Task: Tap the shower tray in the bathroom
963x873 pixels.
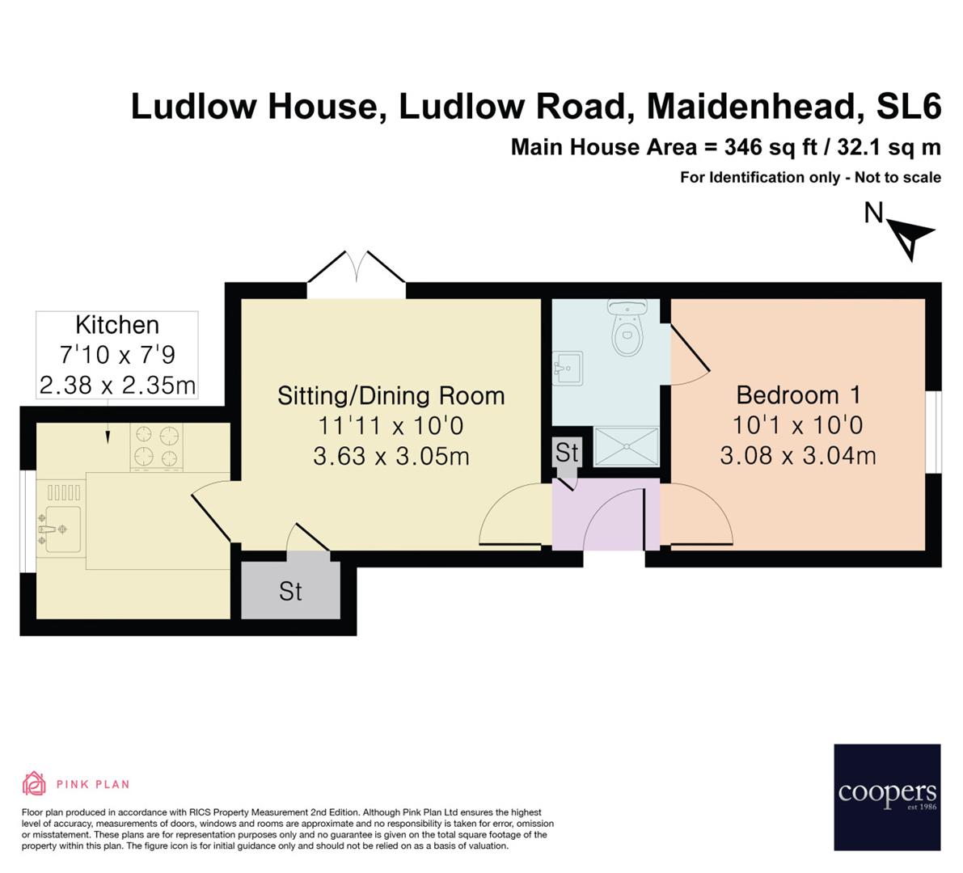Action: pyautogui.click(x=627, y=446)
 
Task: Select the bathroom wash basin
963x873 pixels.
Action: pyautogui.click(x=568, y=369)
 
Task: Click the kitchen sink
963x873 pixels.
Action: pyautogui.click(x=61, y=529)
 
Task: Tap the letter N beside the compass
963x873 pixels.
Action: pyautogui.click(x=873, y=213)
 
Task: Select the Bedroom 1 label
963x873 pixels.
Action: pyautogui.click(x=798, y=395)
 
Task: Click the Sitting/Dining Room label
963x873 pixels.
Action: pyautogui.click(x=391, y=395)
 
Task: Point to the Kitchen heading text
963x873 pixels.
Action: pyautogui.click(x=117, y=325)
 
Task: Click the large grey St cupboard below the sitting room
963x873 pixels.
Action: pyautogui.click(x=291, y=590)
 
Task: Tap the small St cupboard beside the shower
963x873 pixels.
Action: pyautogui.click(x=567, y=453)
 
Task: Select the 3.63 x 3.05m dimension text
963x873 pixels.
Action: pyautogui.click(x=391, y=456)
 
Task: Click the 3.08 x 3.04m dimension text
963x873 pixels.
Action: pyautogui.click(x=798, y=456)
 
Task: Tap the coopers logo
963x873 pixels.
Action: pyautogui.click(x=887, y=796)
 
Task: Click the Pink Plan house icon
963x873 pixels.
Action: pyautogui.click(x=34, y=783)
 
